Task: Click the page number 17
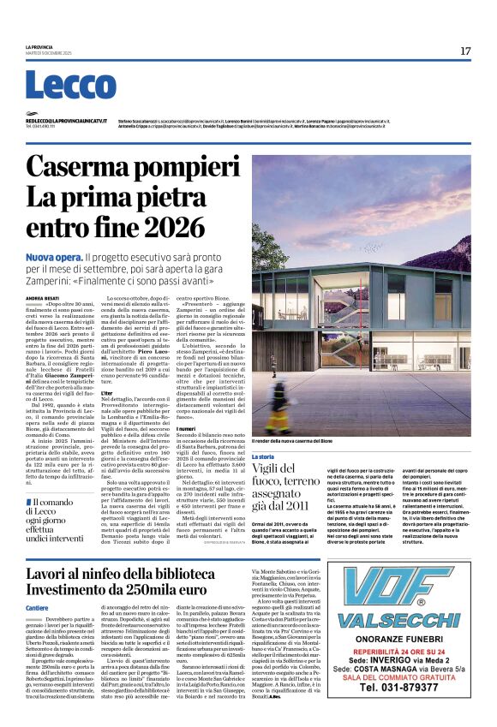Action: (x=465, y=51)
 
